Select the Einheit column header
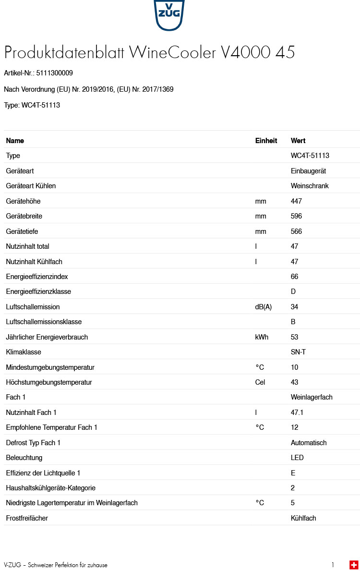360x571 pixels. coord(266,141)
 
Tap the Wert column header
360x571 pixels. coord(298,141)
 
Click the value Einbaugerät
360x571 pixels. coord(308,171)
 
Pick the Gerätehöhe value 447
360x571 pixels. coord(296,201)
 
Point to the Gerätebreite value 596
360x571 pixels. coord(296,216)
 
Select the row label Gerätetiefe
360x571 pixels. coord(22,231)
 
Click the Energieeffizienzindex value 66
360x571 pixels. coord(294,277)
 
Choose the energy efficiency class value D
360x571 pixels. coord(293,292)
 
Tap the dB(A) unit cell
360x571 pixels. coord(263,307)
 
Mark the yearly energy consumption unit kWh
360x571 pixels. coord(262,337)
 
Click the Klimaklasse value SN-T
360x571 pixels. coord(298,352)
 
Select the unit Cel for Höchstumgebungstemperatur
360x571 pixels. coord(260,382)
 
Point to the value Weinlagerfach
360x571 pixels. coord(312,397)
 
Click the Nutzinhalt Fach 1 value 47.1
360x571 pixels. coord(297,413)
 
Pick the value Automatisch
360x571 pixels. coord(309,443)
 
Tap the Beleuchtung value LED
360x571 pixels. coord(297,458)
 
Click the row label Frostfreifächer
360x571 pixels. coord(27,518)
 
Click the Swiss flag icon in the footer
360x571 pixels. coord(354,565)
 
